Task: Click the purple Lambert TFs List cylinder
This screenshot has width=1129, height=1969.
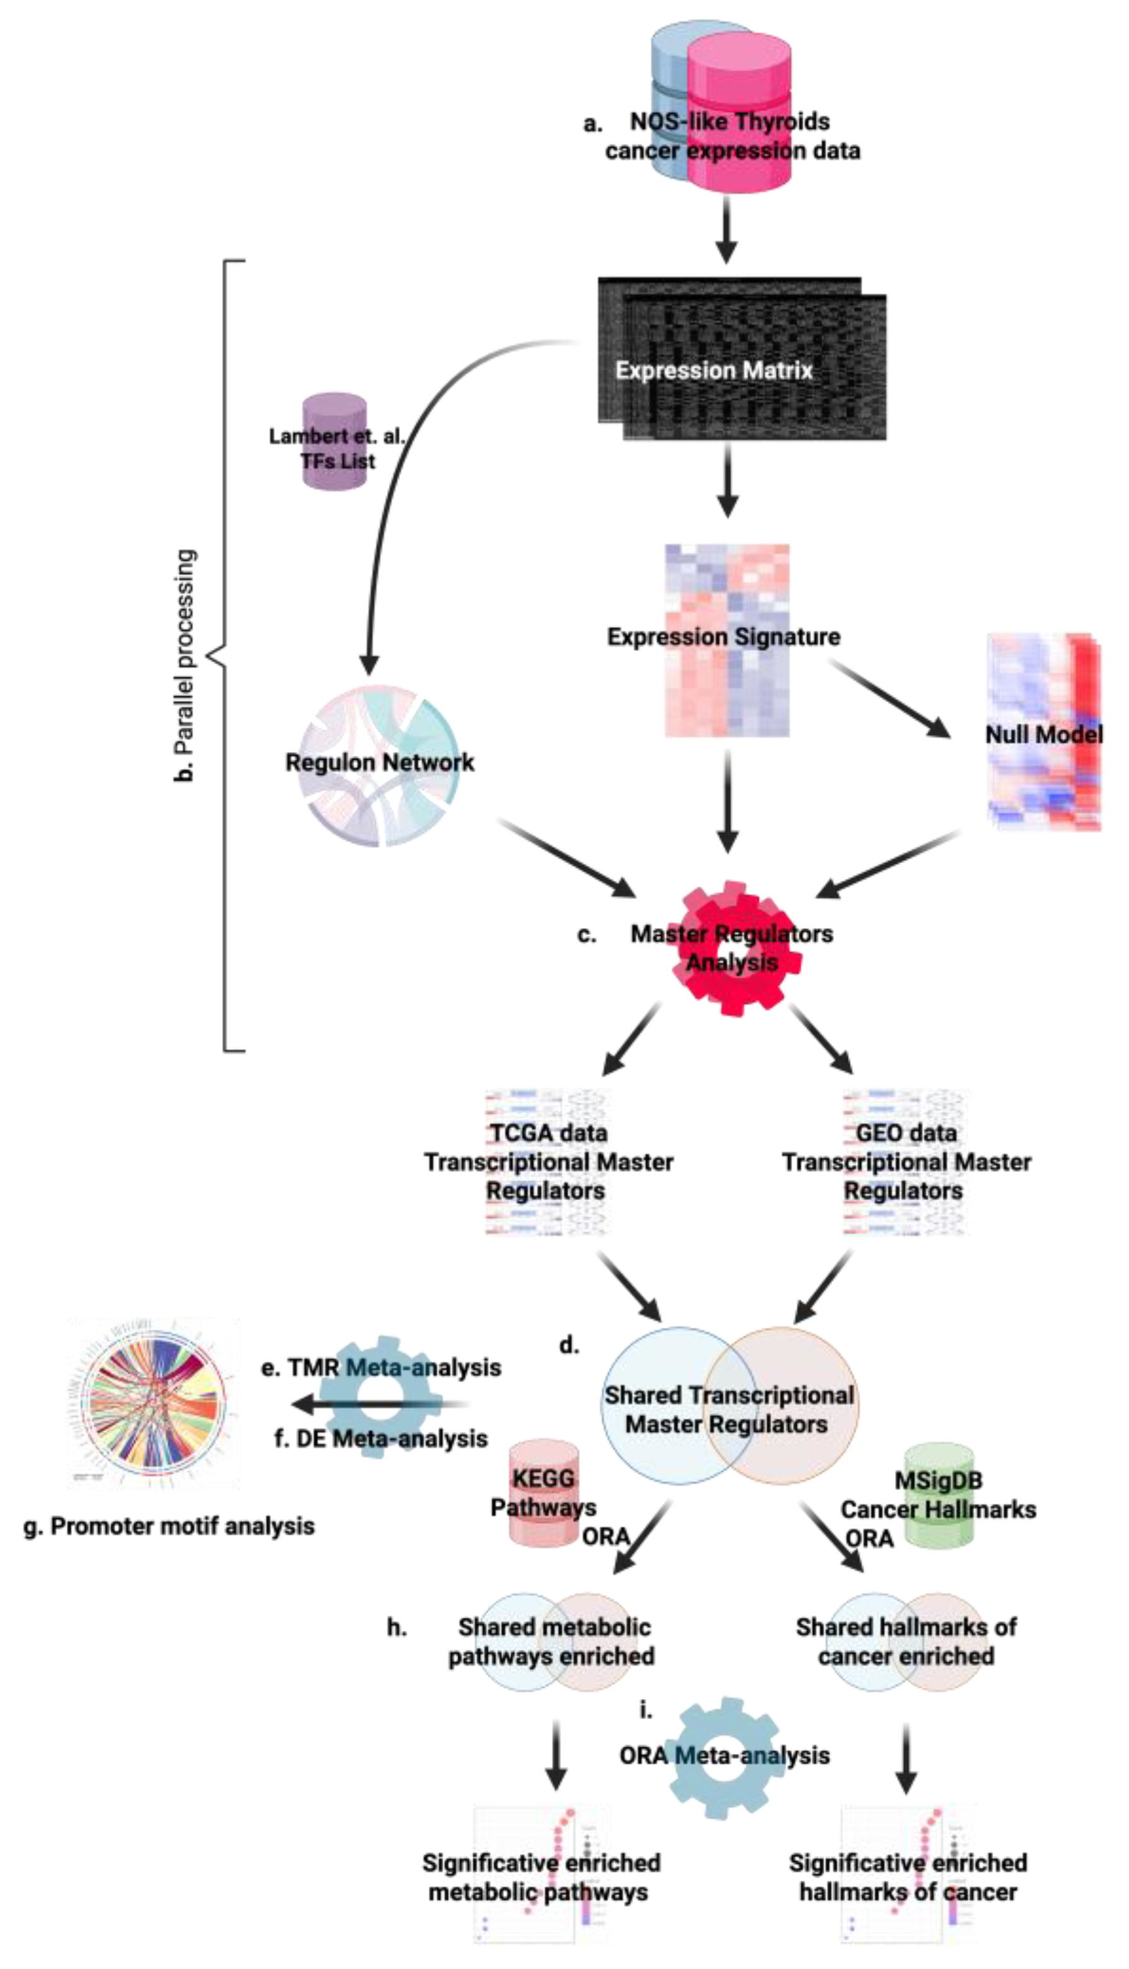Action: click(x=334, y=442)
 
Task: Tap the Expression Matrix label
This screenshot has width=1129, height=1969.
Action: click(x=713, y=371)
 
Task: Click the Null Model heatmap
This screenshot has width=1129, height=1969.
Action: click(x=1044, y=734)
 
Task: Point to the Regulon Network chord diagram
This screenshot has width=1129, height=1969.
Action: click(x=380, y=764)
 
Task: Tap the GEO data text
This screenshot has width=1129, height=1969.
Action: click(x=906, y=1133)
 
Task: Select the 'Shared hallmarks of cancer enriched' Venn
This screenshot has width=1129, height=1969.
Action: click(x=906, y=1642)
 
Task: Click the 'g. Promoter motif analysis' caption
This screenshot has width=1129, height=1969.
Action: click(x=169, y=1526)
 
